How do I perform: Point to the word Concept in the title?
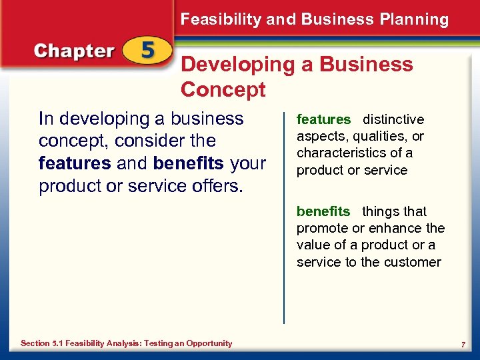(x=223, y=89)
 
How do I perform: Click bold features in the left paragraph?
(x=74, y=163)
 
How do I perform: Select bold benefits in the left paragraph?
(x=189, y=163)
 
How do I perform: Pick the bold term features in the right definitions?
(x=323, y=120)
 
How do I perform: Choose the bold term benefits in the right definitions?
(x=323, y=212)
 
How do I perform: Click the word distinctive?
(x=393, y=120)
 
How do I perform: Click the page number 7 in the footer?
(x=463, y=344)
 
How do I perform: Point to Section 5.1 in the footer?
(x=44, y=343)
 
